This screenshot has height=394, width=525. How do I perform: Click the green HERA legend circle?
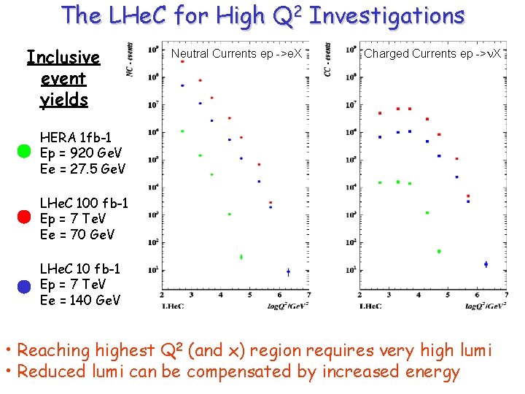[x=23, y=151]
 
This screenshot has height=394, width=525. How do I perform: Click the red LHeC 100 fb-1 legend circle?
[x=23, y=217]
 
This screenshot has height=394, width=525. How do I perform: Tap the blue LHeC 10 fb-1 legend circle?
[x=23, y=286]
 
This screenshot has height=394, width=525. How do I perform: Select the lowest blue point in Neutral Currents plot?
[x=288, y=271]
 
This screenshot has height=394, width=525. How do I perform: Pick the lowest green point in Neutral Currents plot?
[x=241, y=257]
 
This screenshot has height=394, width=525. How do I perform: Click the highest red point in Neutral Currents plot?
[x=182, y=61]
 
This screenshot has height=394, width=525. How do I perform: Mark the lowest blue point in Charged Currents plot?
[x=486, y=264]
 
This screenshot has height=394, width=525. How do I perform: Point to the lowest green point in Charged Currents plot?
[x=439, y=251]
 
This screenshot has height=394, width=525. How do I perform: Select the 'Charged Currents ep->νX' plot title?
[x=433, y=53]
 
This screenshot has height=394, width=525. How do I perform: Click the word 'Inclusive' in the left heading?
[x=63, y=57]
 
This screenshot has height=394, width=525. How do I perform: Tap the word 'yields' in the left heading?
[x=64, y=100]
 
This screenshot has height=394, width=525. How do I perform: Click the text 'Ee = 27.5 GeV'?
[x=82, y=169]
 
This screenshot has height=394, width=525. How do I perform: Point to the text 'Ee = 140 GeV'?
[x=80, y=300]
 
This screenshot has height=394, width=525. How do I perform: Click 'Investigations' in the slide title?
[x=386, y=15]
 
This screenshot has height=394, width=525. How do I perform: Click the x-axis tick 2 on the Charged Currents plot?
[x=360, y=295]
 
